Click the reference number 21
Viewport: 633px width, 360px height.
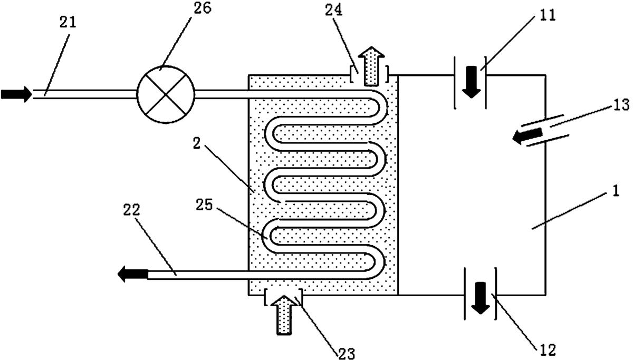pyautogui.click(x=68, y=22)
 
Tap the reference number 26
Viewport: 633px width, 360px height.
pyautogui.click(x=203, y=8)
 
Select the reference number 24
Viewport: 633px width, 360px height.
pyautogui.click(x=333, y=11)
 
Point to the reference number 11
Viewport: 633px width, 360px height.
pyautogui.click(x=548, y=15)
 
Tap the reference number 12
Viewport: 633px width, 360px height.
pyautogui.click(x=548, y=350)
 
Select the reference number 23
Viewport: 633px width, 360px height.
pyautogui.click(x=347, y=353)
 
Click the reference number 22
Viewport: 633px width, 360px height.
pyautogui.click(x=131, y=210)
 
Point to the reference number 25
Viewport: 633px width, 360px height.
pyautogui.click(x=204, y=205)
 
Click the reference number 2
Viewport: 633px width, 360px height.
pyautogui.click(x=197, y=143)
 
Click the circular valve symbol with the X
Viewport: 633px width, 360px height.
pyautogui.click(x=166, y=94)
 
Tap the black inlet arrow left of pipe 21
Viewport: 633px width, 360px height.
pyautogui.click(x=16, y=94)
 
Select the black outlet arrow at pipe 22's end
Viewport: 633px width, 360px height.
pyautogui.click(x=133, y=274)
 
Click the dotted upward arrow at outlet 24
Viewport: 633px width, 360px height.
pyautogui.click(x=371, y=66)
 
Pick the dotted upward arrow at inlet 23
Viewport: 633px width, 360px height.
pyautogui.click(x=284, y=315)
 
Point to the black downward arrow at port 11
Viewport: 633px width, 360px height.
pyautogui.click(x=471, y=82)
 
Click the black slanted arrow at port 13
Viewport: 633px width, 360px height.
pyautogui.click(x=528, y=136)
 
